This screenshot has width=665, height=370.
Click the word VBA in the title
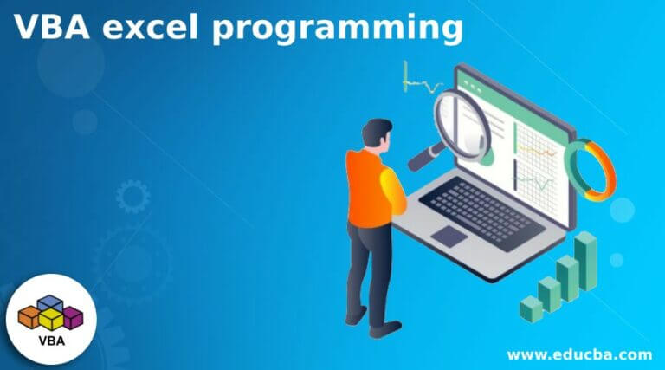(52, 27)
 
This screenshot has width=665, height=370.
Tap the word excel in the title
(151, 27)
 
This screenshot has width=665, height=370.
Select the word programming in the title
(338, 29)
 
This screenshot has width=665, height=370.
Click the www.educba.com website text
(579, 354)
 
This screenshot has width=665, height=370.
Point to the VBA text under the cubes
(51, 341)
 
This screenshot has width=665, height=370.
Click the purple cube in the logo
(73, 318)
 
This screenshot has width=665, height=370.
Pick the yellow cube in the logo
(51, 320)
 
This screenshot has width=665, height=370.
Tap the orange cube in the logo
(29, 317)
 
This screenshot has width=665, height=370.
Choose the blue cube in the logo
(50, 302)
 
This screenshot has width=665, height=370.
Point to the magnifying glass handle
(425, 156)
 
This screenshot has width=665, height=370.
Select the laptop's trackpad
(449, 236)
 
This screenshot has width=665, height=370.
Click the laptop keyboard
(481, 213)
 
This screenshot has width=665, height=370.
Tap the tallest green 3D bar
(585, 261)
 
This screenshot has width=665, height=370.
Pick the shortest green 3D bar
(532, 308)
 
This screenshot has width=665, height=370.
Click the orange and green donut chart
(591, 170)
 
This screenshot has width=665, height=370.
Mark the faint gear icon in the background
(132, 196)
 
